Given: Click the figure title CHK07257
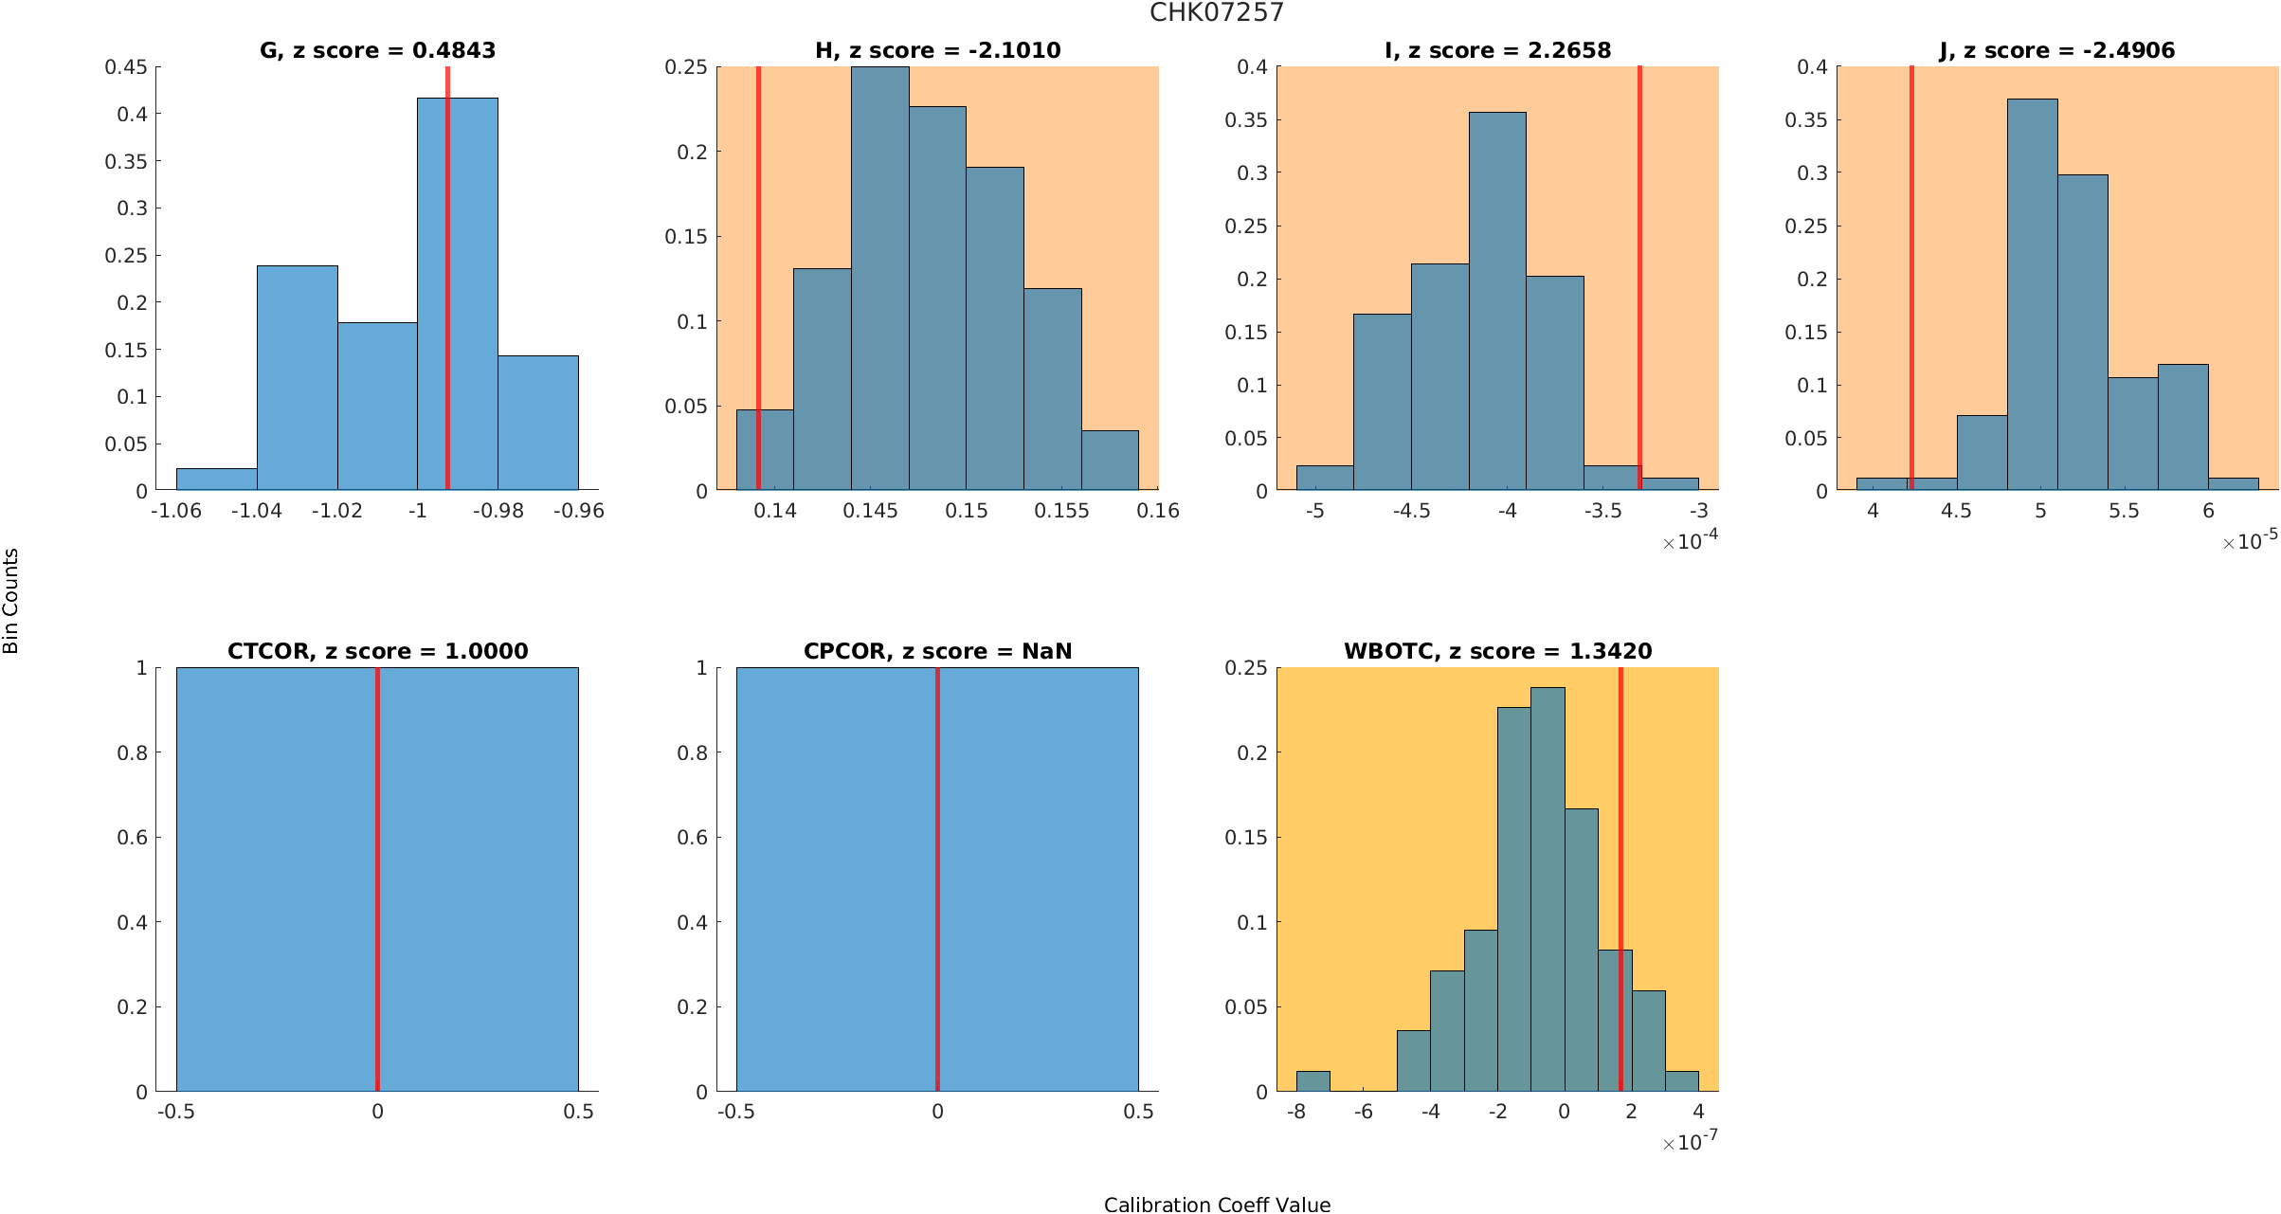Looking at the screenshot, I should click(1216, 12).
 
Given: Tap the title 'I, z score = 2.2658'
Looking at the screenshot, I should click(1497, 50).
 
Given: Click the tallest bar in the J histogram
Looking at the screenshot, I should click(2032, 294).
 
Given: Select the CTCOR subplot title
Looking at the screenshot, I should click(377, 651).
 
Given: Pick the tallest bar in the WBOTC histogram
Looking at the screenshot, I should click(1548, 891).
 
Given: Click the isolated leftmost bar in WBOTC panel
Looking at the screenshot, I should click(1312, 1081).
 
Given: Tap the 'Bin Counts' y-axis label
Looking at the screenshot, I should click(11, 601).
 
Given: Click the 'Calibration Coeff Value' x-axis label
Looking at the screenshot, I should click(1217, 1205).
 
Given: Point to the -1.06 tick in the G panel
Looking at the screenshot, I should click(176, 511).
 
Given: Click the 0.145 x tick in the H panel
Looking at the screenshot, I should click(871, 511).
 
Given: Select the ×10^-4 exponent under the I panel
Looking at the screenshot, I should click(1690, 541).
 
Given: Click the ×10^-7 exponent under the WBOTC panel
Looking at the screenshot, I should click(1690, 1142).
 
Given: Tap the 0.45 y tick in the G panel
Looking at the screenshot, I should click(126, 67).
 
